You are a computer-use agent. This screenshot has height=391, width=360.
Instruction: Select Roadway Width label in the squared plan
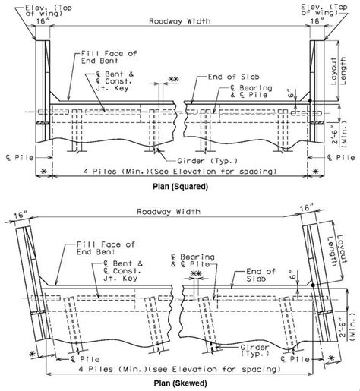click(180, 23)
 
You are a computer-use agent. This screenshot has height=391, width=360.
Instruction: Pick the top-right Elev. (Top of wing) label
click(332, 8)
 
